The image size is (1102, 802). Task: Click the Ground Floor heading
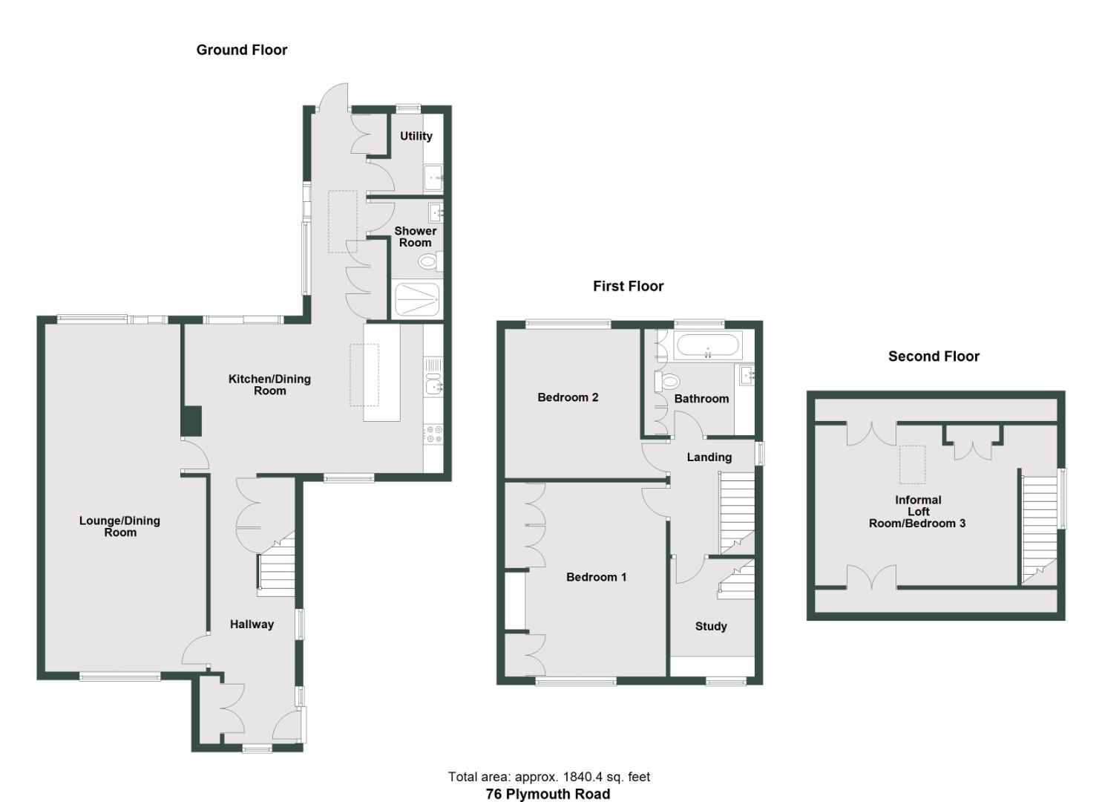241,50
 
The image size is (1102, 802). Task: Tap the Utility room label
416,136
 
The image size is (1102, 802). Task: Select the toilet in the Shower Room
428,261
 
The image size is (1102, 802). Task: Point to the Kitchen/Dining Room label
269,385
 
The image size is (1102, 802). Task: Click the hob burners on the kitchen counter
433,434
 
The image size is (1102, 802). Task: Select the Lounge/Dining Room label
119,526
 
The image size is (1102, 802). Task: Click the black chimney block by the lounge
191,421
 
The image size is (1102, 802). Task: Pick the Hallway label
252,625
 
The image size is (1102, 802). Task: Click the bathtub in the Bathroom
707,346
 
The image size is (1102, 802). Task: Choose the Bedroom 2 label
568,397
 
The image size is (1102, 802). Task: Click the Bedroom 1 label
596,577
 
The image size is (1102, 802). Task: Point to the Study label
710,626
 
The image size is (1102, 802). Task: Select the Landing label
709,457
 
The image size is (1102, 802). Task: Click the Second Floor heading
934,356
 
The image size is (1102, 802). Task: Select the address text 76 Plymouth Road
548,794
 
